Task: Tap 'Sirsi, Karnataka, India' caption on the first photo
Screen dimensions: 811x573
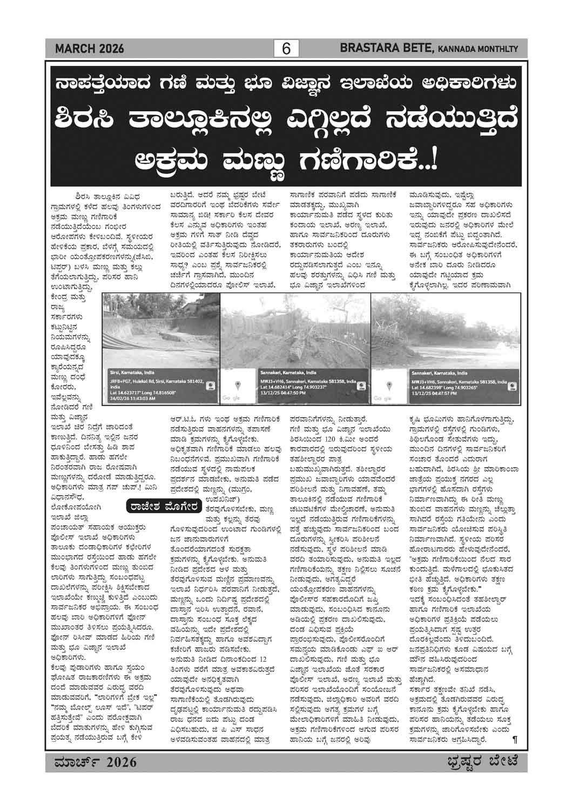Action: point(131,373)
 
